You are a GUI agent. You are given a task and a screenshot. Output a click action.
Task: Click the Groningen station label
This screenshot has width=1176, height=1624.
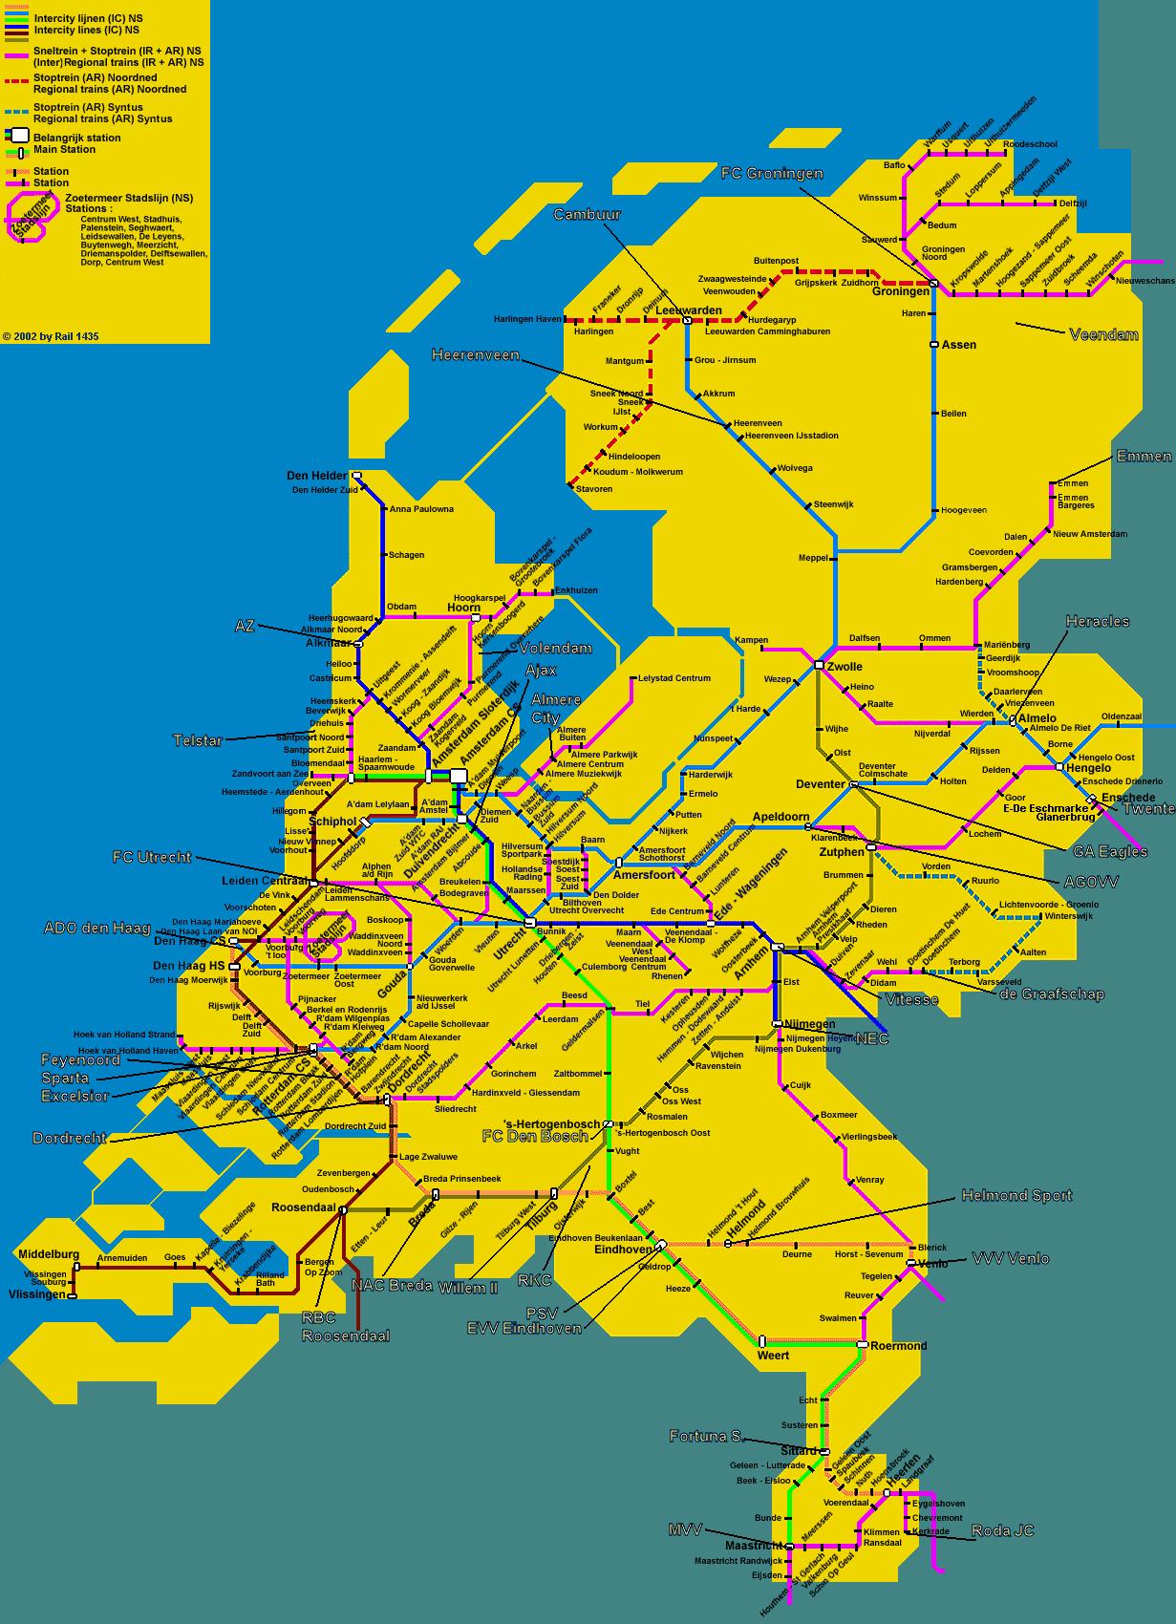(900, 291)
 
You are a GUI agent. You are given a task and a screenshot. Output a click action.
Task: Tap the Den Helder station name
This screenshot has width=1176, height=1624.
(316, 475)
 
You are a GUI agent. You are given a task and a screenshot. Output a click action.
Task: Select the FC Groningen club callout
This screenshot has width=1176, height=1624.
(772, 173)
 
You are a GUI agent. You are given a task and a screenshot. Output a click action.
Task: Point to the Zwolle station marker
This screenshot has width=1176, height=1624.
(819, 664)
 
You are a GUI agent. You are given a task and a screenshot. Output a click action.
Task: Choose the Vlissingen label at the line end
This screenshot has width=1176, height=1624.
(36, 1294)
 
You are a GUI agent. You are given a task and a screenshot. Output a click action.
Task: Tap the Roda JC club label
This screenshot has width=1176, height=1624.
(1002, 1530)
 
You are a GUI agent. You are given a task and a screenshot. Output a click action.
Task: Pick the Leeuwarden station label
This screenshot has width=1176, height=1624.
(688, 310)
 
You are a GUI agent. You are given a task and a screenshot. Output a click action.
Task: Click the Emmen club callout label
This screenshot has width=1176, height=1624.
(1144, 457)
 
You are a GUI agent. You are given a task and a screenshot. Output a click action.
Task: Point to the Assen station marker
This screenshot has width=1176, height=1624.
(934, 344)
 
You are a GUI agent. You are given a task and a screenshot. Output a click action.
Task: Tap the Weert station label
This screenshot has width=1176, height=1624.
(773, 1356)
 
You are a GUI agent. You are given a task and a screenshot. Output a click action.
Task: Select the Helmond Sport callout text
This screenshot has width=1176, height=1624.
(1016, 1195)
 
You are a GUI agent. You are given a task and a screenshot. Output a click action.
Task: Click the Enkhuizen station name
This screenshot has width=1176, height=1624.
(576, 590)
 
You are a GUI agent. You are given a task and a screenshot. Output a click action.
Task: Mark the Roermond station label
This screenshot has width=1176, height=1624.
(898, 1345)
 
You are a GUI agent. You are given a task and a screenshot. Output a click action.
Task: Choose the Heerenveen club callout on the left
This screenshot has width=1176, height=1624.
(475, 354)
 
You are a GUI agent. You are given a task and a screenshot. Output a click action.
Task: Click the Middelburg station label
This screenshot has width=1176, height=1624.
(49, 1253)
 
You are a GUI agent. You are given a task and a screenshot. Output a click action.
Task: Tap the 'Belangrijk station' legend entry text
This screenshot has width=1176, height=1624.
(77, 138)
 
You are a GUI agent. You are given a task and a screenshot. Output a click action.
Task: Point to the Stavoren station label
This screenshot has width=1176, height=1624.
(593, 488)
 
